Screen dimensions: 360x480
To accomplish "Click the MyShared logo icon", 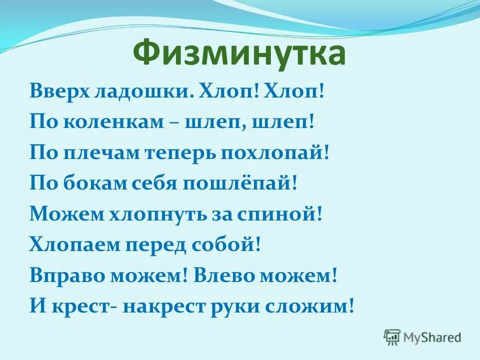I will click(x=392, y=336).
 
